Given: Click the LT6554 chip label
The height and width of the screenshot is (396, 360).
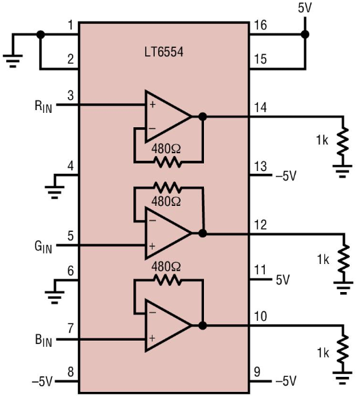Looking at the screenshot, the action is click(164, 52).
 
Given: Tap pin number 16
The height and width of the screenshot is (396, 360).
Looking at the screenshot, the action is click(260, 25).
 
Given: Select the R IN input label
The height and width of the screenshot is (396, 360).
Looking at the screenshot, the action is click(43, 107).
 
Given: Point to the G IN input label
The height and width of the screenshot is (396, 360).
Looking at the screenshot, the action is click(43, 247).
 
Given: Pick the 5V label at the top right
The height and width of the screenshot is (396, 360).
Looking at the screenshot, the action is click(305, 8).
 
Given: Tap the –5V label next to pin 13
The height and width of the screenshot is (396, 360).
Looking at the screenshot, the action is click(286, 176).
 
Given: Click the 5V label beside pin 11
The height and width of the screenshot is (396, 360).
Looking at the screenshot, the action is click(283, 280).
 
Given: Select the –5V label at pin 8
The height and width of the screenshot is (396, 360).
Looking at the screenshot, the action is click(42, 381).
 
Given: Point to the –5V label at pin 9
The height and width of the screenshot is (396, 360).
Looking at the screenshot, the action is click(286, 381).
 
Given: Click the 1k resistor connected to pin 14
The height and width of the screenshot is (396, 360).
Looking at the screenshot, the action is click(343, 142).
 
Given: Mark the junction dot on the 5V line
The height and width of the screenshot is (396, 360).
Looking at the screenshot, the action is click(305, 34).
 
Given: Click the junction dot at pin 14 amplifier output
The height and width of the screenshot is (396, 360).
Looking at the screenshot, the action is click(203, 116).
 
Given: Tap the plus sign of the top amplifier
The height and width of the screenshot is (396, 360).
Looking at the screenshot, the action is click(153, 105).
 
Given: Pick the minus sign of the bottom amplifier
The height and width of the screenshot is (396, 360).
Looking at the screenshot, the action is click(153, 313).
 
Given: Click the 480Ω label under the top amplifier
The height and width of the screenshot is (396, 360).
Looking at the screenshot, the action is click(166, 149).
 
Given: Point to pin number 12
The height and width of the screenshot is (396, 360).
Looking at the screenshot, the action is click(260, 224).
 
